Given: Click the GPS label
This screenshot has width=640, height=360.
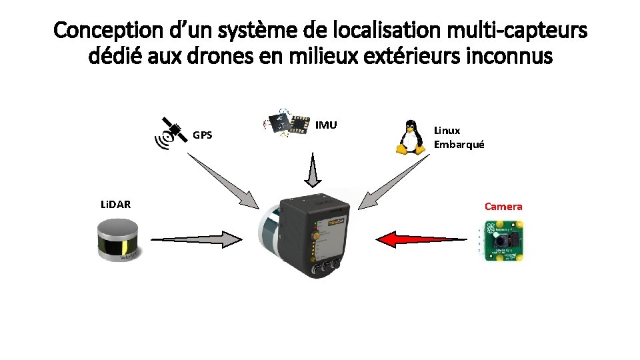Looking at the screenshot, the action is (x=203, y=135).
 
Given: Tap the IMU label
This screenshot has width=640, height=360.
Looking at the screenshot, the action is (x=326, y=125).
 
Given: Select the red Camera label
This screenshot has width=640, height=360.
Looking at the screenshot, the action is (x=503, y=207).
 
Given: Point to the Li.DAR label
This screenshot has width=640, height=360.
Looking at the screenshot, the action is (x=115, y=204).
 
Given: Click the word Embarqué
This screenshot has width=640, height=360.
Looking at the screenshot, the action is (x=459, y=144).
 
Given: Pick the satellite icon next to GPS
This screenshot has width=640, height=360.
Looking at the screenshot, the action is (x=171, y=131).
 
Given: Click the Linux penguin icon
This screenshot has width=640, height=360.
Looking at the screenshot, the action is (x=411, y=137).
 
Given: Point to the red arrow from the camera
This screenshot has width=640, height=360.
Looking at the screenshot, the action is (x=420, y=238).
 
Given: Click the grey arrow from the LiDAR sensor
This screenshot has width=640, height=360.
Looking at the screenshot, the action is (x=197, y=238).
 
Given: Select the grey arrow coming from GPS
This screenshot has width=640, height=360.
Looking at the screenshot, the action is (x=224, y=180).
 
